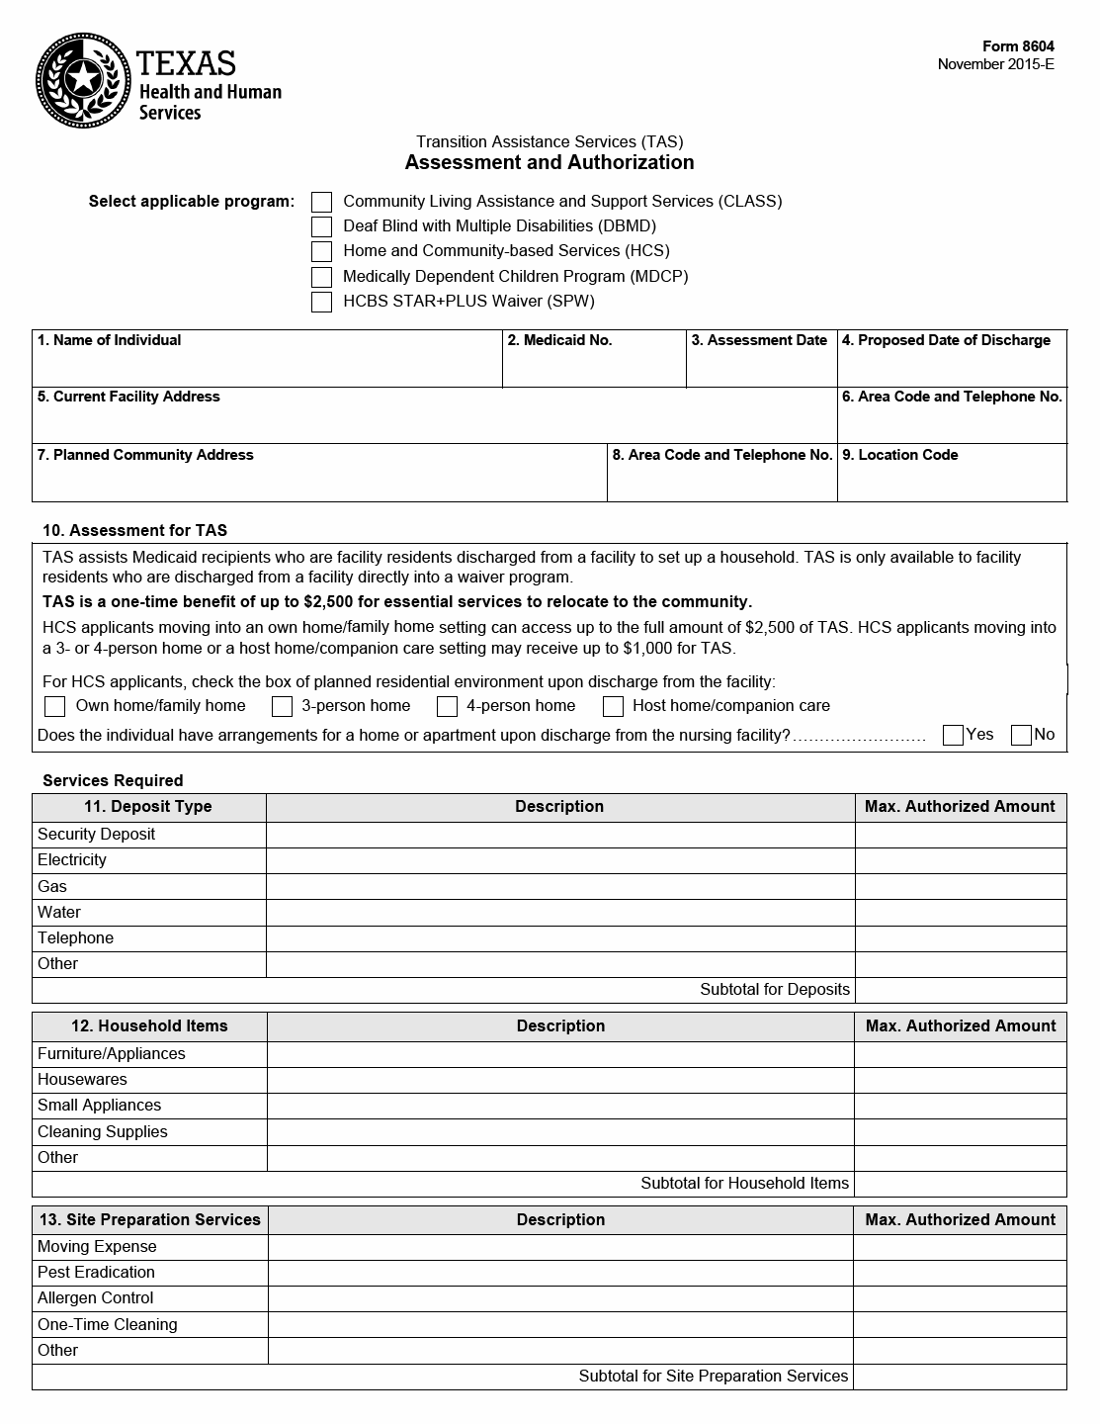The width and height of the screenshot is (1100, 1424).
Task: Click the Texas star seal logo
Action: pos(83,80)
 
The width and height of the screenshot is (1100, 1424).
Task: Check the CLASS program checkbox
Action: pos(321,202)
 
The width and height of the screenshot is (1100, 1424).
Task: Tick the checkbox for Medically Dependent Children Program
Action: pos(321,277)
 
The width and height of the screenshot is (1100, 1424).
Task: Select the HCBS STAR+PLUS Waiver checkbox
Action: pos(321,302)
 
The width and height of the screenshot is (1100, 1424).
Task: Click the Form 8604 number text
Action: pos(1017,46)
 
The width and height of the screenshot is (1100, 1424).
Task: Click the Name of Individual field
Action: pos(267,367)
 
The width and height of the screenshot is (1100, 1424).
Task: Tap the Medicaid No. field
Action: pos(593,367)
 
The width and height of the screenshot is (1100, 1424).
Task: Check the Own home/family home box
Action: pos(55,706)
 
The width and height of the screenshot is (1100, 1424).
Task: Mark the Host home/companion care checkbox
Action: pos(613,706)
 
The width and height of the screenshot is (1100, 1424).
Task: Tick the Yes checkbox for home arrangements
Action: pos(953,735)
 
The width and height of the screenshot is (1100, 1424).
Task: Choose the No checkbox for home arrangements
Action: pos(1021,735)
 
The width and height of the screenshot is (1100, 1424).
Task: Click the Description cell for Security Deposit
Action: pos(559,835)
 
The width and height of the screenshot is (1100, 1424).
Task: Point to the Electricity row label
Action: pos(72,860)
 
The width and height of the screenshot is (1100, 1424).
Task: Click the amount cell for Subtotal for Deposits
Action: pos(960,990)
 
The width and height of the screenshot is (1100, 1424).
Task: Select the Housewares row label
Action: pos(82,1080)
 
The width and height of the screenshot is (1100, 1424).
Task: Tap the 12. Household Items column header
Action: pos(149,1026)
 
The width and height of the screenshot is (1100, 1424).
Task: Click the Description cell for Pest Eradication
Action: pos(560,1273)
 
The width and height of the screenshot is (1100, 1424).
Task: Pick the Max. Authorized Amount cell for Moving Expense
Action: pos(960,1247)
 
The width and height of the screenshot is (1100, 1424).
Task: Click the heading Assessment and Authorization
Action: pos(550,162)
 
